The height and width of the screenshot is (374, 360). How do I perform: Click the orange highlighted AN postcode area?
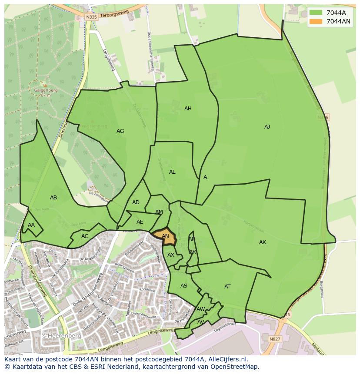[x=165, y=237]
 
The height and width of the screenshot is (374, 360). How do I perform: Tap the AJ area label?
[x=267, y=127]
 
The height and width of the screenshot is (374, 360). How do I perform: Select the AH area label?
[x=188, y=109]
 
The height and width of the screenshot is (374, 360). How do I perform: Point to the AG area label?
[x=120, y=131]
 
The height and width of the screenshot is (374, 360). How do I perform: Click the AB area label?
[x=53, y=198]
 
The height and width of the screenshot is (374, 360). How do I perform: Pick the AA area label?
[x=31, y=225]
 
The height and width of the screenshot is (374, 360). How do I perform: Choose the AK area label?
[x=262, y=242]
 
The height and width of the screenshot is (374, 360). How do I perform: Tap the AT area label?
[x=227, y=287]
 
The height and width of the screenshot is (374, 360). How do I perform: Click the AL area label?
[x=172, y=172]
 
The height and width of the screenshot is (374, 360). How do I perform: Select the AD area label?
[x=136, y=202]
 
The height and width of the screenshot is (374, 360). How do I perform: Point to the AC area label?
[x=85, y=236]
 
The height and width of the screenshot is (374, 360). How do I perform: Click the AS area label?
[x=184, y=286]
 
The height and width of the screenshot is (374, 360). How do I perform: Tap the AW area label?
[x=200, y=309]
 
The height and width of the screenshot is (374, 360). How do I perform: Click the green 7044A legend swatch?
[x=316, y=13]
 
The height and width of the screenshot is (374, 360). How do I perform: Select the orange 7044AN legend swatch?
[x=316, y=21]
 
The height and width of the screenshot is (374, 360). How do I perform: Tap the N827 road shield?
[x=275, y=339]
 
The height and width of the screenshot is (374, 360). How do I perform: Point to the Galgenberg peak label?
[x=46, y=90]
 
